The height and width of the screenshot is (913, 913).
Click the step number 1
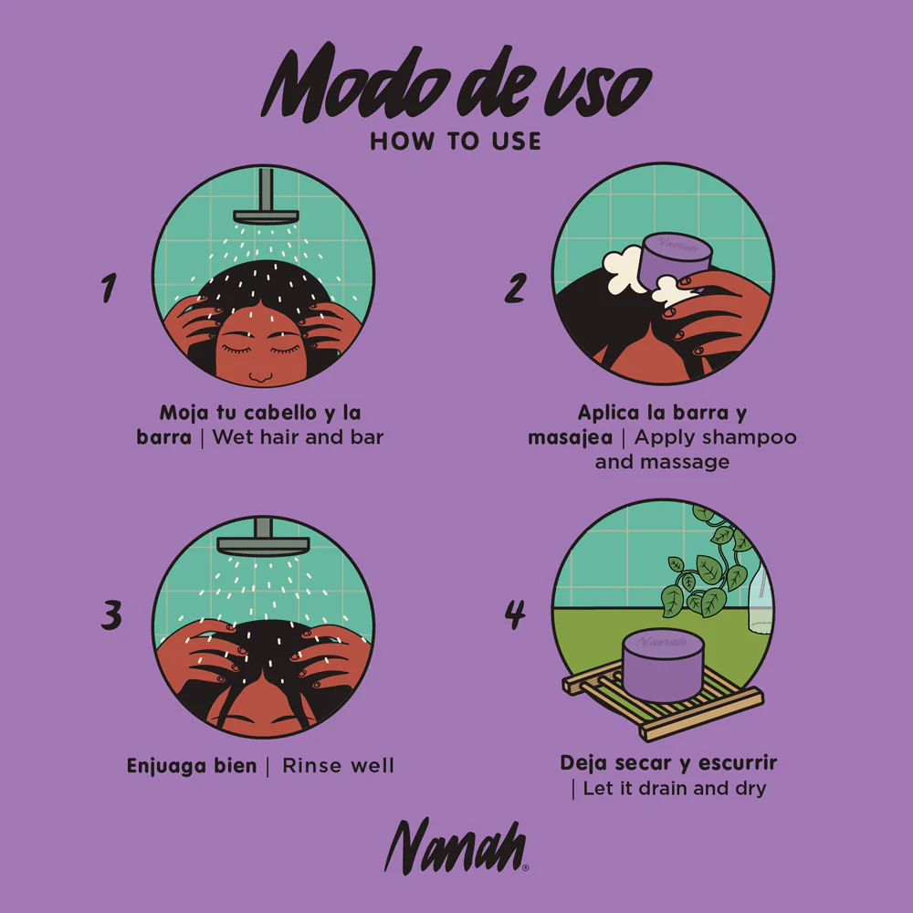coord(109,288)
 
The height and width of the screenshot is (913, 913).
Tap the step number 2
coord(515,288)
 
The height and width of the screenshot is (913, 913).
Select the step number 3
coord(111,615)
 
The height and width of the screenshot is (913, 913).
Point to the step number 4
coord(515,614)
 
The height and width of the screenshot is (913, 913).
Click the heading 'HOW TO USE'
coord(456,142)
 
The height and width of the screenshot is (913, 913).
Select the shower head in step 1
coord(266,198)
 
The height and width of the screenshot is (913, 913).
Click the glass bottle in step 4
coord(761,599)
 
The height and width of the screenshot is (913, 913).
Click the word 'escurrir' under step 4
coord(738,762)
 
